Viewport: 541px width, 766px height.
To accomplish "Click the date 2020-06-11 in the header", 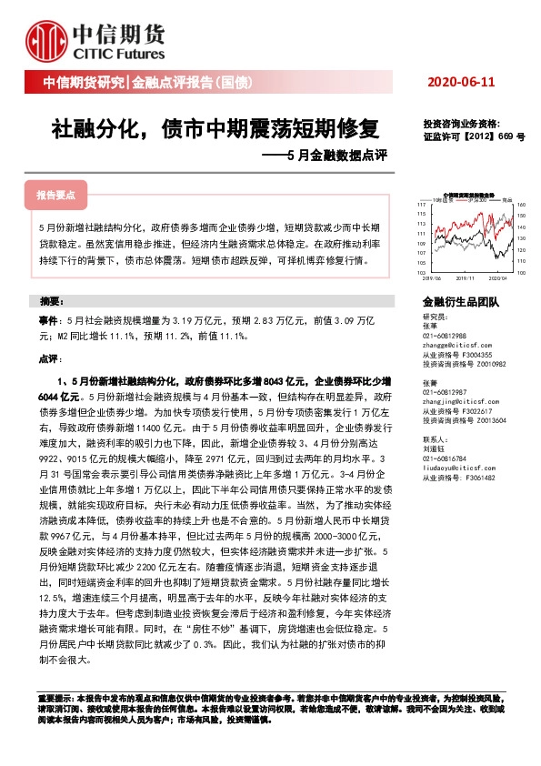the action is [463, 83].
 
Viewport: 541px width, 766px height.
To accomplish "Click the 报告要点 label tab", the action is [56, 196].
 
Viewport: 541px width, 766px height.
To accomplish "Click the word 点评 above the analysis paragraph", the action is [49, 360].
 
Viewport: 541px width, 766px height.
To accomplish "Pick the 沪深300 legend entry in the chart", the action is [478, 200].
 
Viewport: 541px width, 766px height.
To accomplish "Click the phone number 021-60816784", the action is [449, 459].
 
